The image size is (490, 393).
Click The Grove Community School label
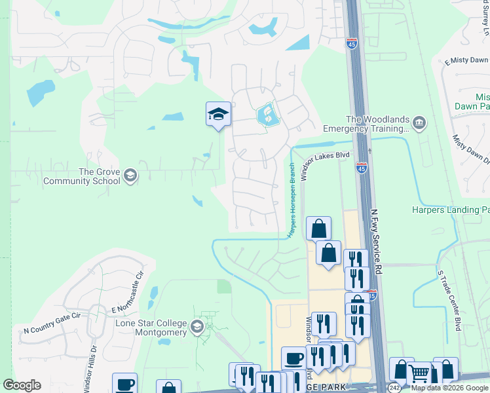click(99, 176)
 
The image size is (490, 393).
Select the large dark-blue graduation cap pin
click(218, 115)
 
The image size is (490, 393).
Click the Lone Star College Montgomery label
click(151, 328)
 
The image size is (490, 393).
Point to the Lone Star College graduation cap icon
click(197, 326)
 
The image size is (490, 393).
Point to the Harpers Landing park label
click(451, 210)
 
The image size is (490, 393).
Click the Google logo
click(22, 385)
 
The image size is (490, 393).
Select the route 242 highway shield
click(394, 388)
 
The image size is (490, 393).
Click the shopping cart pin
click(419, 374)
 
